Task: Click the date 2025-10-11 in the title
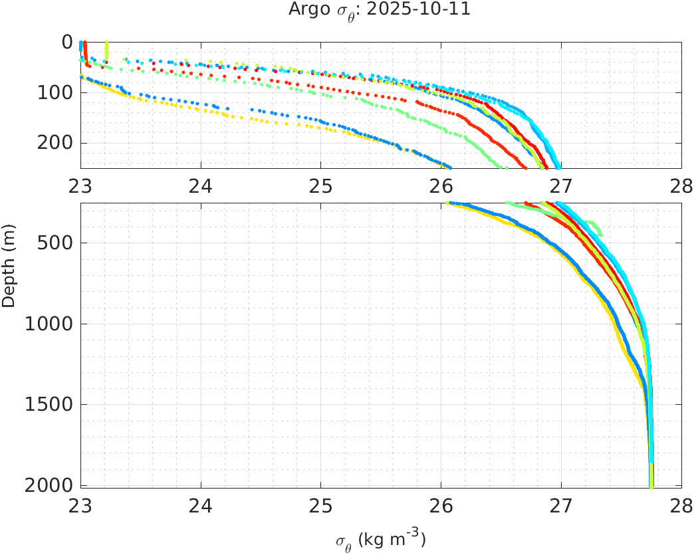pyautogui.click(x=433, y=10)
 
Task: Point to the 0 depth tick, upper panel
pyautogui.click(x=66, y=42)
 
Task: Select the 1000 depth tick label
pyautogui.click(x=51, y=324)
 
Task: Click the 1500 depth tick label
pyautogui.click(x=51, y=404)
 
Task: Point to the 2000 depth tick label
pyautogui.click(x=51, y=485)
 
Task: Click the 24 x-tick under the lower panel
pyautogui.click(x=201, y=503)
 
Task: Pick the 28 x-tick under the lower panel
pyautogui.click(x=681, y=503)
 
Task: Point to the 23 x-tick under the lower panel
pyautogui.click(x=81, y=503)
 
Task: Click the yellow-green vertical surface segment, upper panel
pyautogui.click(x=106, y=50)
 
